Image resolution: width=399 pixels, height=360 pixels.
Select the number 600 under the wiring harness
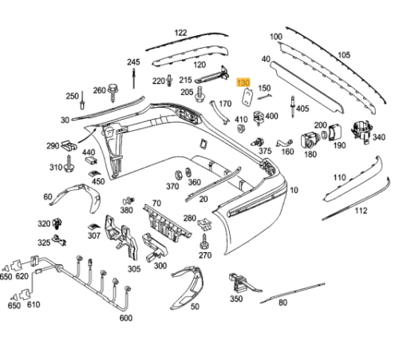[x=125, y=318]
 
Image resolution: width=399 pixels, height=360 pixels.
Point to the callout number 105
[x=343, y=54]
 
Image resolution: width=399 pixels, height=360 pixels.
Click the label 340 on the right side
[x=378, y=137]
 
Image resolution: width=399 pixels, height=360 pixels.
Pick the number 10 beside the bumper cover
[x=294, y=190]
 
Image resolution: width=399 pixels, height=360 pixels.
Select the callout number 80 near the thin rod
[x=282, y=303]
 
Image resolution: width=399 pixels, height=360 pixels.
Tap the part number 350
[x=235, y=299]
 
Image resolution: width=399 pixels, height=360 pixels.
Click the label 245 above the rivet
[x=133, y=62]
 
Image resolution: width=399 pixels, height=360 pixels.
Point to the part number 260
[x=100, y=90]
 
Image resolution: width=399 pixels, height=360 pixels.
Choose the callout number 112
[x=361, y=211]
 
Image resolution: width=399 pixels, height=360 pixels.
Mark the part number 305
[x=133, y=269]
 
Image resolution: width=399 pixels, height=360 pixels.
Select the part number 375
[x=265, y=151]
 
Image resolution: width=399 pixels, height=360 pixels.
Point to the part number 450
[x=98, y=181]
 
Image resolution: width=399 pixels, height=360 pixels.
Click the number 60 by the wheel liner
[x=48, y=196]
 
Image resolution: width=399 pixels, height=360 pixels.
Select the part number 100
[x=276, y=37]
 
